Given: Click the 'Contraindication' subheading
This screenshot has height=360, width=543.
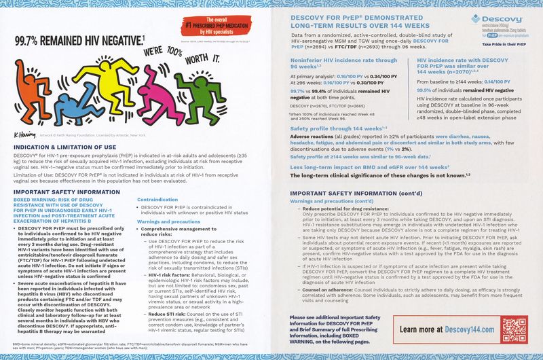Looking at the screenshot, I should pyautogui.click(x=157, y=200).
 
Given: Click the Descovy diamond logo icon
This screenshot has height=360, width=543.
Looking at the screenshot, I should pyautogui.click(x=477, y=18).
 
